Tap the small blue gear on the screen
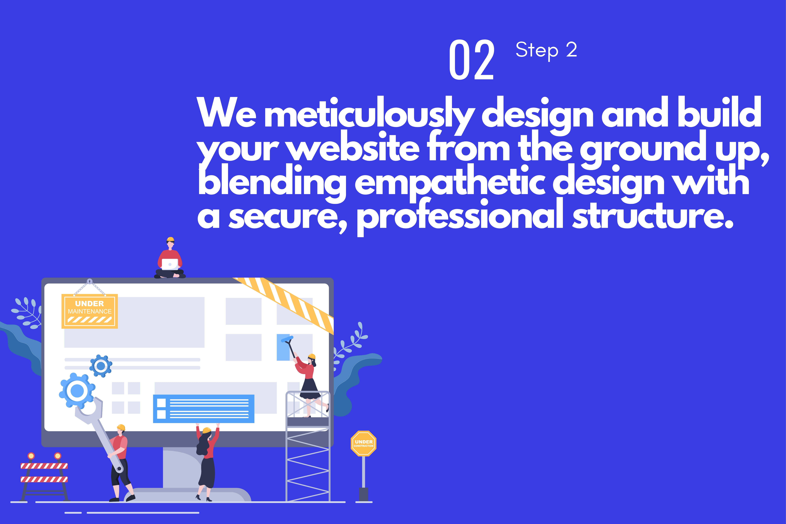click(x=101, y=366)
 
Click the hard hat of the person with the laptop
click(x=170, y=239)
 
